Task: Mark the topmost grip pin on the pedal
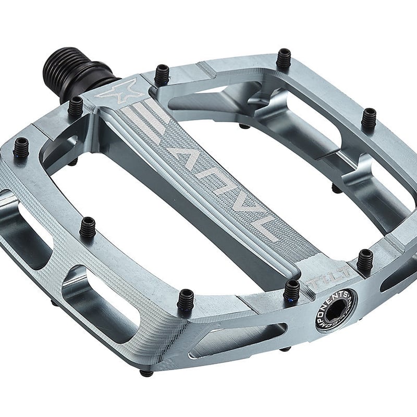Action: [284, 58]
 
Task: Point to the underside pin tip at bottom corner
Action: [147, 373]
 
